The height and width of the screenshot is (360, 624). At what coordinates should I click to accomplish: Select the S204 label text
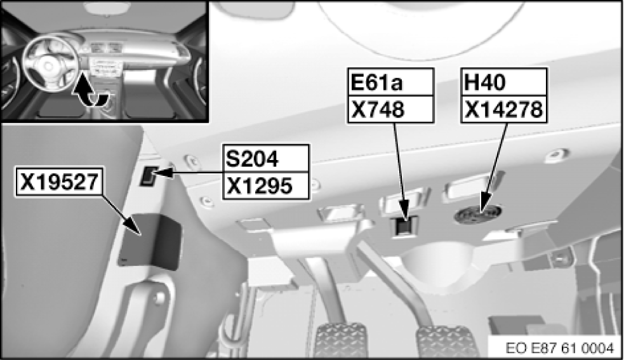(252, 157)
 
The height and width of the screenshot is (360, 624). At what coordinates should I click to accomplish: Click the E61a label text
(377, 83)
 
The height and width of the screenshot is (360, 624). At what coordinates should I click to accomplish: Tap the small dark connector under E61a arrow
(403, 226)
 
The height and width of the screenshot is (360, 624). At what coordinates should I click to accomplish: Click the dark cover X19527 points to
(150, 241)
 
